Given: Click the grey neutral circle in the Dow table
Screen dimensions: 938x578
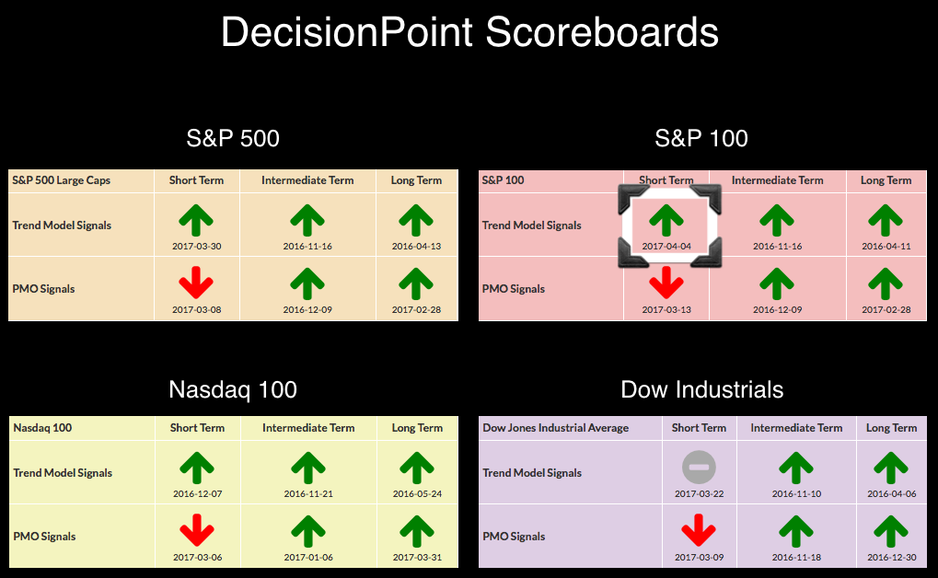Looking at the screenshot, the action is click(699, 468).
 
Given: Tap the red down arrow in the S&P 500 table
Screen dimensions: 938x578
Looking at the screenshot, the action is click(196, 283).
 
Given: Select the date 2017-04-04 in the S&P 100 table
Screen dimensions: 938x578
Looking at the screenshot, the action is click(666, 246).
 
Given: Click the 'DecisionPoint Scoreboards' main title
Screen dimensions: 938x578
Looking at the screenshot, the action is click(469, 31).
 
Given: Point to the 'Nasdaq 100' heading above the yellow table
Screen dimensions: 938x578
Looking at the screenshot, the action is click(233, 389).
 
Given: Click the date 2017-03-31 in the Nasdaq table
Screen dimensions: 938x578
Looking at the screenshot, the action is click(417, 557).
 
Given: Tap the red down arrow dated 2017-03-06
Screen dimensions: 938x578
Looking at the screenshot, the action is click(197, 530).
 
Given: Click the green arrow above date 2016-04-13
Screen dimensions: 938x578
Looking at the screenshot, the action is click(416, 220).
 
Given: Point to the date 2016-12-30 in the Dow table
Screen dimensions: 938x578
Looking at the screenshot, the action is click(891, 557).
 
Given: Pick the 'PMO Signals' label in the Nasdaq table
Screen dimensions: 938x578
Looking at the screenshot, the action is click(44, 536).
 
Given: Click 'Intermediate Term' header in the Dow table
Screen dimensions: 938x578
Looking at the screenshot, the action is click(796, 428).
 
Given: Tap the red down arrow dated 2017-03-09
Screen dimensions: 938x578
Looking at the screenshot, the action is click(699, 530).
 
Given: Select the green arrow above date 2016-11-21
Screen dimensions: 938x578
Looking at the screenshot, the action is click(308, 468).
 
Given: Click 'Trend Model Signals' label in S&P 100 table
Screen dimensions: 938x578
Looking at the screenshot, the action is click(531, 225).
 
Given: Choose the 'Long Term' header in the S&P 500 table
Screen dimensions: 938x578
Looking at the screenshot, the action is click(416, 180).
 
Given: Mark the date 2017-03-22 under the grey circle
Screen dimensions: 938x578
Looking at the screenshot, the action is click(699, 493).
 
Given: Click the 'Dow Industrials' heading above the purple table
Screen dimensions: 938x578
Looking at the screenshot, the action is click(701, 389).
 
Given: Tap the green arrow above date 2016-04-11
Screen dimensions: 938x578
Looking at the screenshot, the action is click(886, 220).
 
